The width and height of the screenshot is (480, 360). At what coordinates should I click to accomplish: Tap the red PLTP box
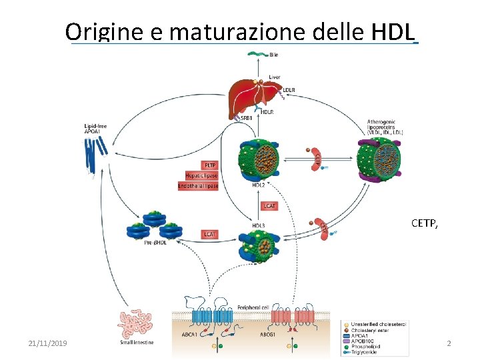[x=209, y=165]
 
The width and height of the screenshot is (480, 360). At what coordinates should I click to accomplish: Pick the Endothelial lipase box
[x=198, y=186]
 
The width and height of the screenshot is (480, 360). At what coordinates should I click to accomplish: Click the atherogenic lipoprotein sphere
[x=378, y=160]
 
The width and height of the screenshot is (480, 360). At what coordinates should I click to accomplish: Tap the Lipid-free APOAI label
[x=95, y=128]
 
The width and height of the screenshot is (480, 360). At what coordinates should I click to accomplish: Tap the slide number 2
[x=449, y=343]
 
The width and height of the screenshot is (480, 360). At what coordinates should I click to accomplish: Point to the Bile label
[x=274, y=55]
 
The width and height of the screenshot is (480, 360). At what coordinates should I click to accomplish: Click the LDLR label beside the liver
[x=289, y=89]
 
